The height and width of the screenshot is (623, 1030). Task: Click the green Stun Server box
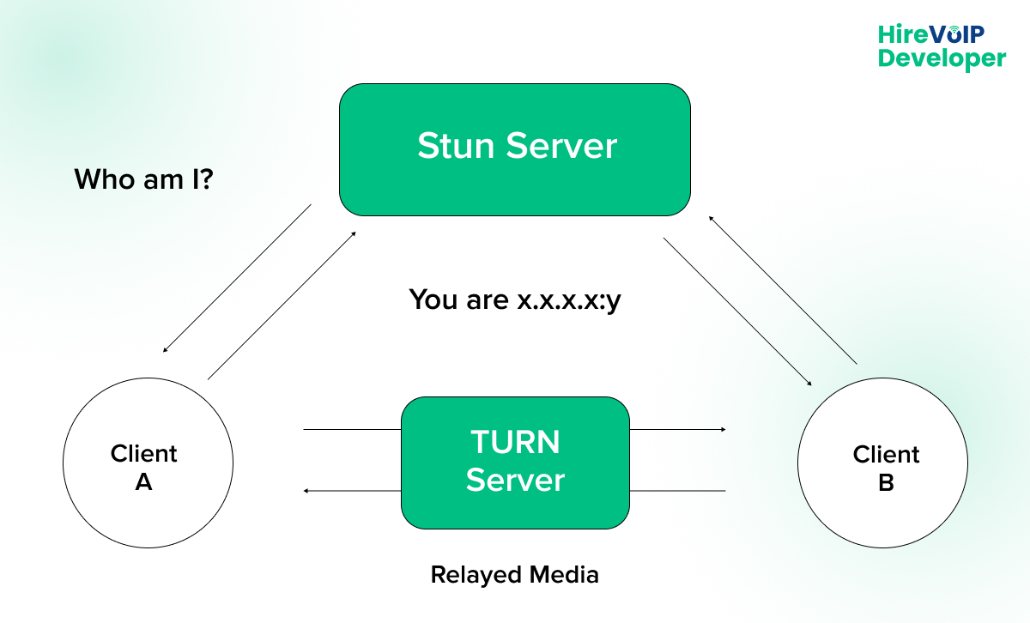pyautogui.click(x=515, y=149)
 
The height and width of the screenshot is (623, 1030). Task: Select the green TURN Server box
pyautogui.click(x=515, y=463)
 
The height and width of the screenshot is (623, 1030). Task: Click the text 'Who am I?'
pyautogui.click(x=143, y=179)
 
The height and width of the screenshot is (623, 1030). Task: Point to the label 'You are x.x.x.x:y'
pyautogui.click(x=514, y=300)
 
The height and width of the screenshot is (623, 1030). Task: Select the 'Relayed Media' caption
pyautogui.click(x=514, y=574)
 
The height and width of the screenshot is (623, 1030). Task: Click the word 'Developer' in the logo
pyautogui.click(x=942, y=58)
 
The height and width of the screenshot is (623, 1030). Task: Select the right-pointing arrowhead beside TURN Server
pyautogui.click(x=724, y=429)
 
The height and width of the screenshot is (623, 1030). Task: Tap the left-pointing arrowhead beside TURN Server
pyautogui.click(x=307, y=491)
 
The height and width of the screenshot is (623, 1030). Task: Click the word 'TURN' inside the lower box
pyautogui.click(x=515, y=443)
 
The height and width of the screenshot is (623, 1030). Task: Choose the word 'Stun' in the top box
pyautogui.click(x=454, y=146)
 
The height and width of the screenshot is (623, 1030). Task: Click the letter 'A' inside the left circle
pyautogui.click(x=143, y=483)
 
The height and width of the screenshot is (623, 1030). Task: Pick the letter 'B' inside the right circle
pyautogui.click(x=886, y=483)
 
